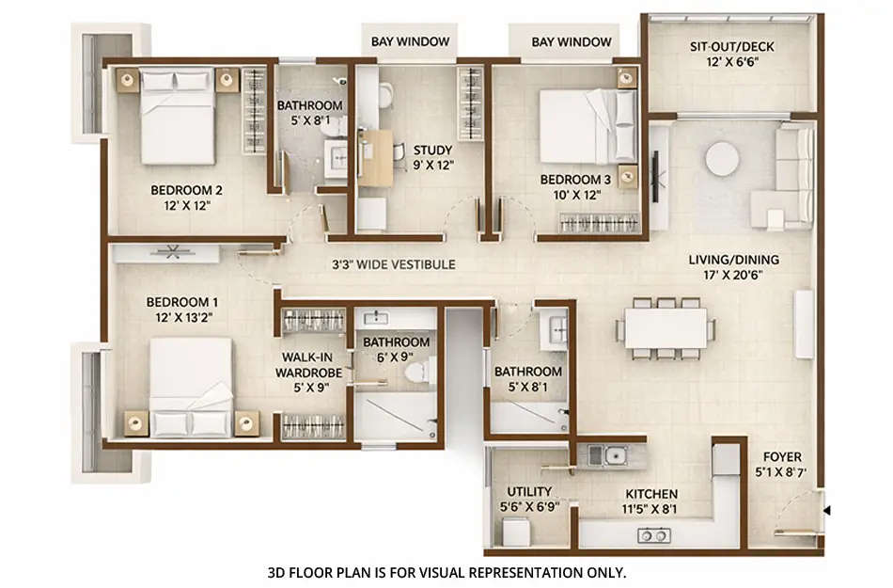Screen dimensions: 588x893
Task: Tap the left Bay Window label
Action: click(x=410, y=41)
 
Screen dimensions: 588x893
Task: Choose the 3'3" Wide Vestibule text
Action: click(x=393, y=264)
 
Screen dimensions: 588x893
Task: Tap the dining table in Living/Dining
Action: click(x=665, y=327)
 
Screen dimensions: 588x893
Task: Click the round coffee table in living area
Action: click(x=722, y=158)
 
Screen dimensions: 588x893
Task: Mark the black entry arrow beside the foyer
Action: click(x=826, y=511)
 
